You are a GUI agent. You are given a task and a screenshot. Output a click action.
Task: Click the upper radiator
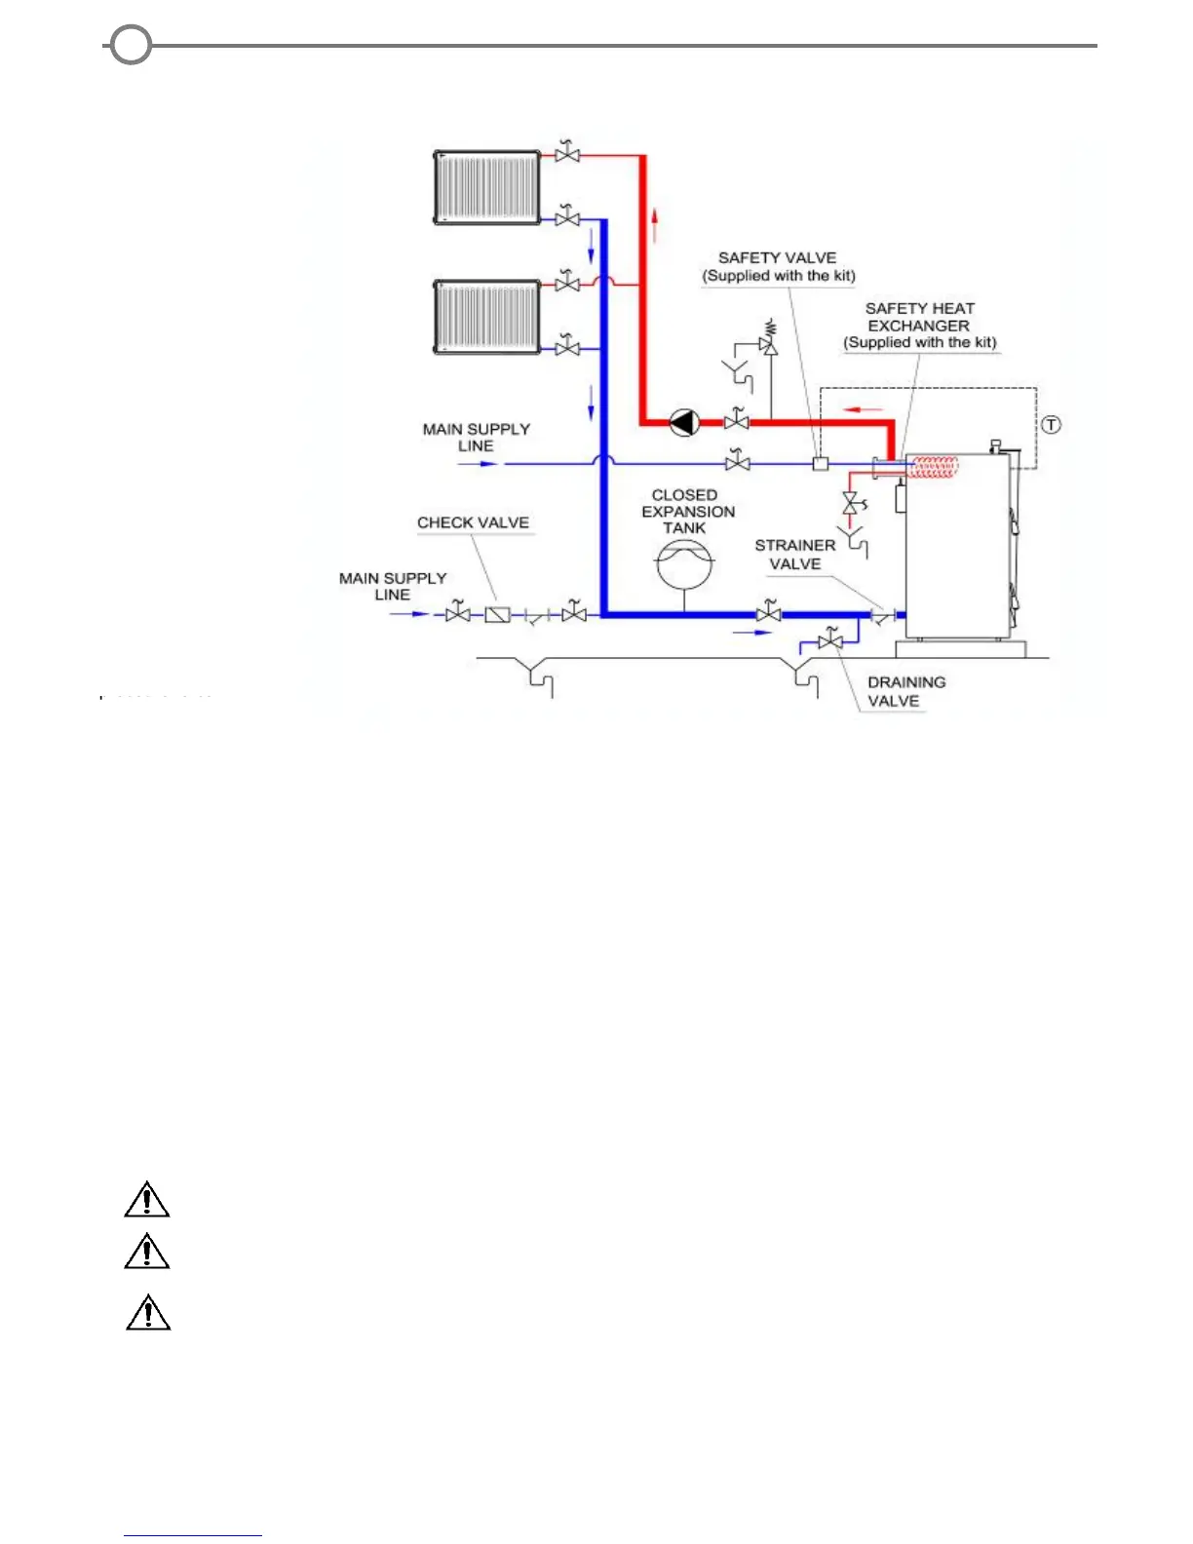(x=486, y=187)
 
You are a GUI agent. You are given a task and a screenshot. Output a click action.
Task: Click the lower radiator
(x=486, y=317)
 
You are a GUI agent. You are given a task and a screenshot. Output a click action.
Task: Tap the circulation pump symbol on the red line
(x=684, y=423)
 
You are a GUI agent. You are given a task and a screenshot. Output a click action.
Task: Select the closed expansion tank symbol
(x=684, y=563)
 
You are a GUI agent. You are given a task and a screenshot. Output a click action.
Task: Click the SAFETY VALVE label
(x=778, y=266)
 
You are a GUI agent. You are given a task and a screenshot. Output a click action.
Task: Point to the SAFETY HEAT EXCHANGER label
(x=920, y=325)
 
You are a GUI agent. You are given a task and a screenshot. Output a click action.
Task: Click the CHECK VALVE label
(x=473, y=522)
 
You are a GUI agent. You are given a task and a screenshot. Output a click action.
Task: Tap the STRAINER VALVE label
(x=794, y=555)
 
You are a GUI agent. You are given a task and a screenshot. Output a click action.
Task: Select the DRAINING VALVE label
(x=905, y=691)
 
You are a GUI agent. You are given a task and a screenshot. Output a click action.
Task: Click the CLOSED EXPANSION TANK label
(x=687, y=512)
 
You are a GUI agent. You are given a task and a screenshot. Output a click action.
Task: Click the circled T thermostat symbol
(x=1051, y=425)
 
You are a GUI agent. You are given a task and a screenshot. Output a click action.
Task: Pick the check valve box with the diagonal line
(x=497, y=614)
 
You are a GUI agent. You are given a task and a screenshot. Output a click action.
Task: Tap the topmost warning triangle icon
(x=147, y=1200)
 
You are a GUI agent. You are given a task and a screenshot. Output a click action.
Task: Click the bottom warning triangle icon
(x=148, y=1313)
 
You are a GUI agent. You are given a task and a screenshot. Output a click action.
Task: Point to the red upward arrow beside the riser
(x=656, y=224)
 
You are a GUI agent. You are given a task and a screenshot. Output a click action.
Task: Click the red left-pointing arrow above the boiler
(x=864, y=409)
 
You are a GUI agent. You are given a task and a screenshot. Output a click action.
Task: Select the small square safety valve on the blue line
(x=821, y=464)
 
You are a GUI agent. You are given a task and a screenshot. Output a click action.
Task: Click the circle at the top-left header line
(x=131, y=45)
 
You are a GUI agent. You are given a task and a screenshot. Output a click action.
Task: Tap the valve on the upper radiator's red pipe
(x=566, y=154)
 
